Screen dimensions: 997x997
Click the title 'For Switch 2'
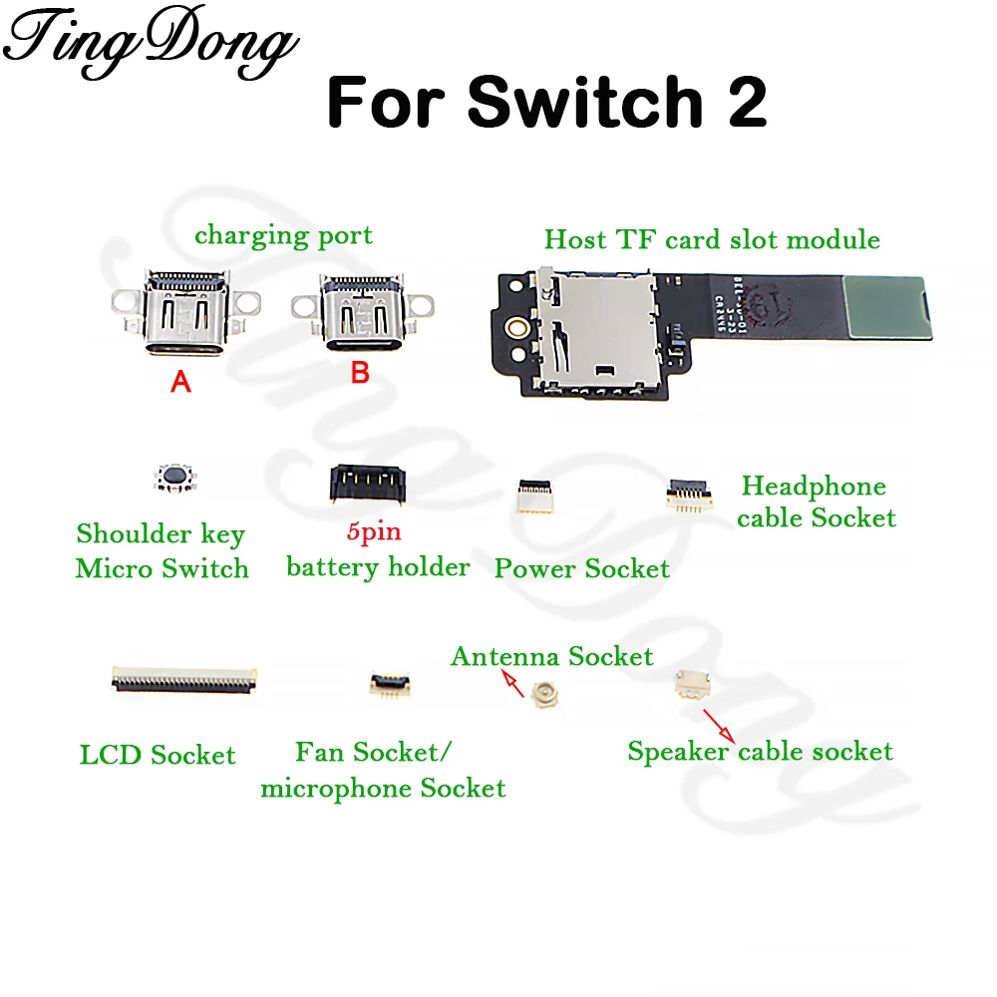(x=547, y=102)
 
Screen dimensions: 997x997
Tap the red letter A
(x=180, y=381)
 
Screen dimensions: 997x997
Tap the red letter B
(x=360, y=374)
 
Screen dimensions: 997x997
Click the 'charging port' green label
(x=283, y=236)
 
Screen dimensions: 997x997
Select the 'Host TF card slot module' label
(x=712, y=239)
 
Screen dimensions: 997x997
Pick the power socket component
(x=530, y=497)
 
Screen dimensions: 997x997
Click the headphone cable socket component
(x=689, y=494)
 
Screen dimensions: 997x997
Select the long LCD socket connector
(x=183, y=680)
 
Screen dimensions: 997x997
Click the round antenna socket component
(x=545, y=694)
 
